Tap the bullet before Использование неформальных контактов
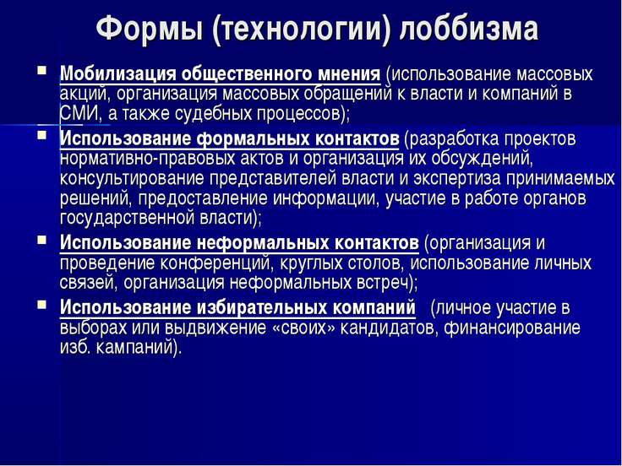[41, 241]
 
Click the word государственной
[127, 219]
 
